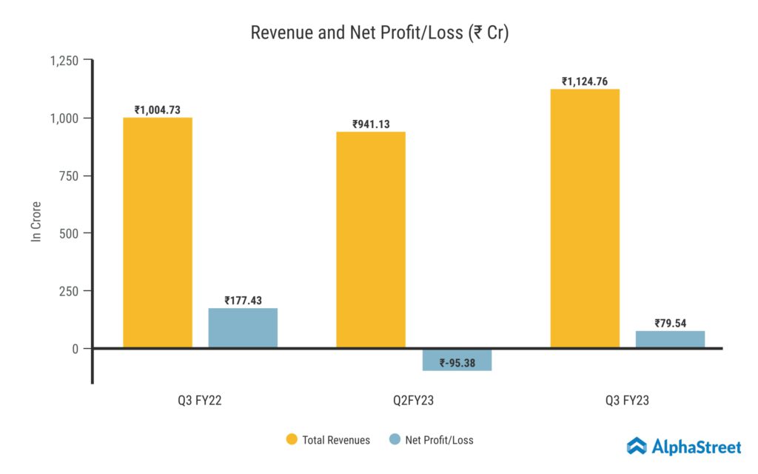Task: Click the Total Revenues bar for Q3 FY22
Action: click(158, 233)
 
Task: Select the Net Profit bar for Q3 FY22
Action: click(243, 328)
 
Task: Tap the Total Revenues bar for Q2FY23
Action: click(371, 240)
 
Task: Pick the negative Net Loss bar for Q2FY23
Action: click(457, 359)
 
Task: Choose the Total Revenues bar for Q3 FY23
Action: click(585, 218)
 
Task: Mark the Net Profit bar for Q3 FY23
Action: click(670, 339)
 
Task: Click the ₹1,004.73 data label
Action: click(158, 110)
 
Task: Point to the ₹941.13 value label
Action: click(371, 124)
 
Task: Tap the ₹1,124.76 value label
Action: click(585, 81)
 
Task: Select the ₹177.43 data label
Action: click(243, 300)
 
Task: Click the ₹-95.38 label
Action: click(457, 363)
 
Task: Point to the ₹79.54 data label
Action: click(670, 323)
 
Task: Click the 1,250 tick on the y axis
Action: click(64, 61)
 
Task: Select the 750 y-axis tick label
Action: click(71, 176)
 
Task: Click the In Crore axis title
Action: click(36, 221)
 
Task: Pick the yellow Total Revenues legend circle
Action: click(292, 440)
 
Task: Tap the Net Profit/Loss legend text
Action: click(439, 440)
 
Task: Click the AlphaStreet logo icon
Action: click(637, 446)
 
